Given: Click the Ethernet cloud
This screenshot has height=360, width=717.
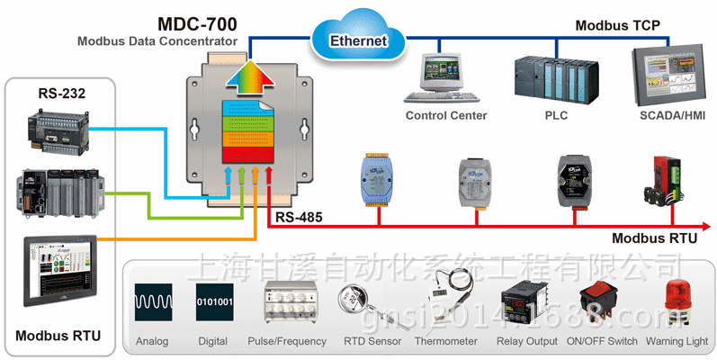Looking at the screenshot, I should pos(358,37).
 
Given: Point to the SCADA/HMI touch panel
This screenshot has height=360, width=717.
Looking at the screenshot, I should pos(670,75).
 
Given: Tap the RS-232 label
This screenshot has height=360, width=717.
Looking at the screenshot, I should pos(60,94).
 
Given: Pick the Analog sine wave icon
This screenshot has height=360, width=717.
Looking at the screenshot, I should pos(152,301).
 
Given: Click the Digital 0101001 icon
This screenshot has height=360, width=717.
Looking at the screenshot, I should pos(214,301).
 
